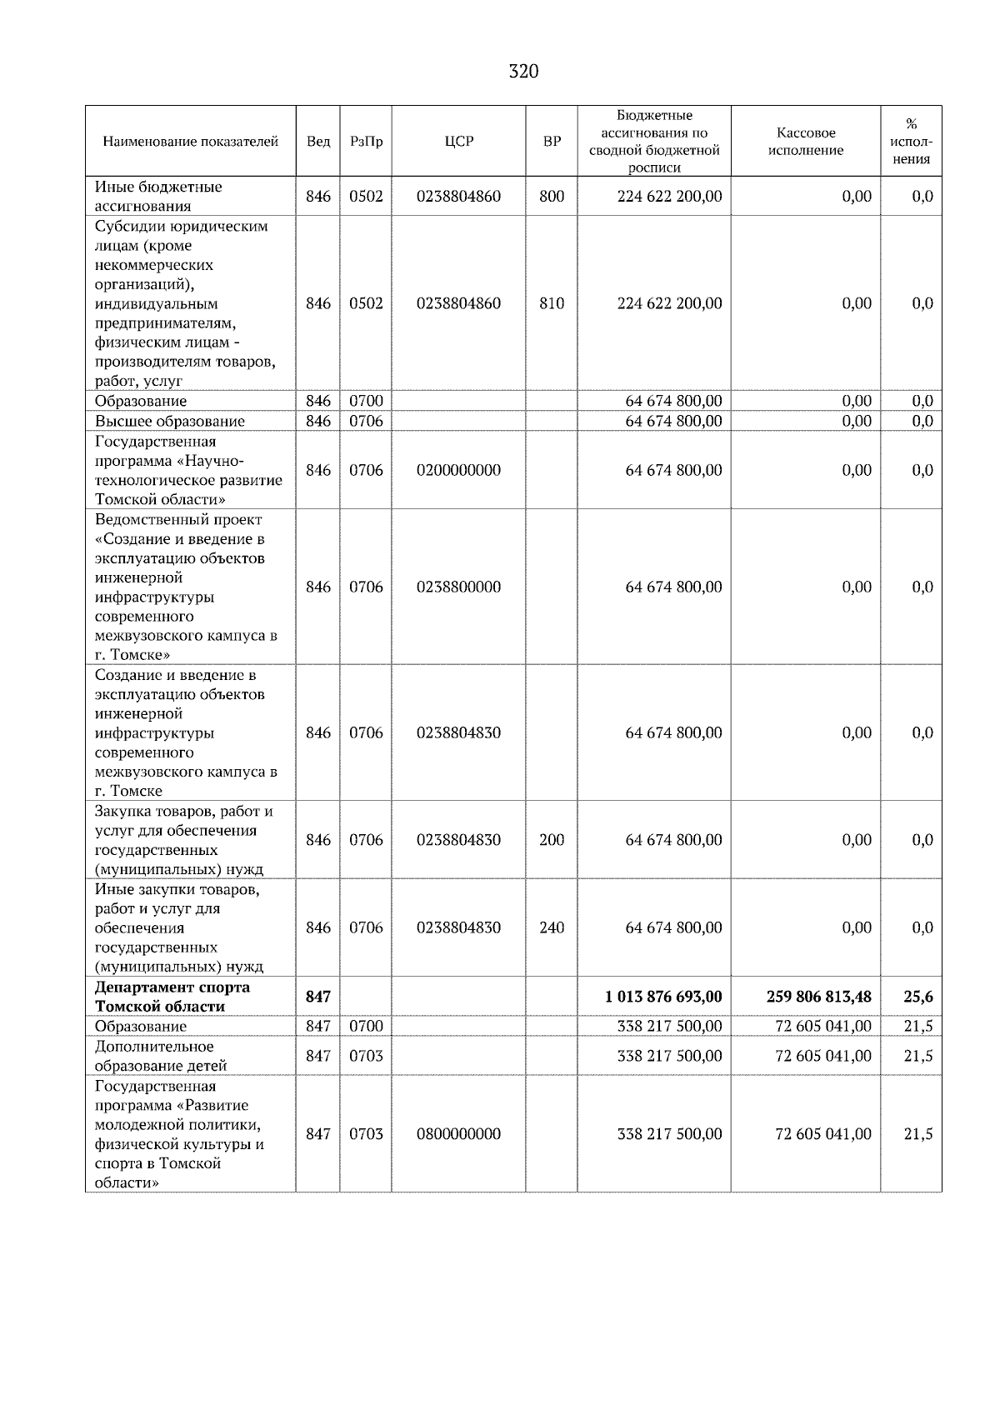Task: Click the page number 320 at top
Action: (523, 72)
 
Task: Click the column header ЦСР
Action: (458, 141)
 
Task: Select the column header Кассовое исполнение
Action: (805, 141)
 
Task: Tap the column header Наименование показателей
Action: (190, 141)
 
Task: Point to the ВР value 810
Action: (551, 303)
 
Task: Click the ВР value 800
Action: (551, 197)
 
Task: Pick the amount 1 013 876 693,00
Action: (663, 997)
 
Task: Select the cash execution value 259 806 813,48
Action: (817, 997)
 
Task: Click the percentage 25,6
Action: (917, 997)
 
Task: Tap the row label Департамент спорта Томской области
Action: (172, 997)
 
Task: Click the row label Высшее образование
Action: (170, 421)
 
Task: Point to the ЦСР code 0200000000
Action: (458, 470)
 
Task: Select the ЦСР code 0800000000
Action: (458, 1134)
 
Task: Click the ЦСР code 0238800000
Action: (458, 587)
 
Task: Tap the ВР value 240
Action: (551, 927)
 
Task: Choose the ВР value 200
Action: (551, 840)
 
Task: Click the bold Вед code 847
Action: (317, 997)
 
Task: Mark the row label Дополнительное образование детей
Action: (160, 1056)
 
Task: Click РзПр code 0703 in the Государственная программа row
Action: (366, 1134)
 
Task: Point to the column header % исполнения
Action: (911, 141)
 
